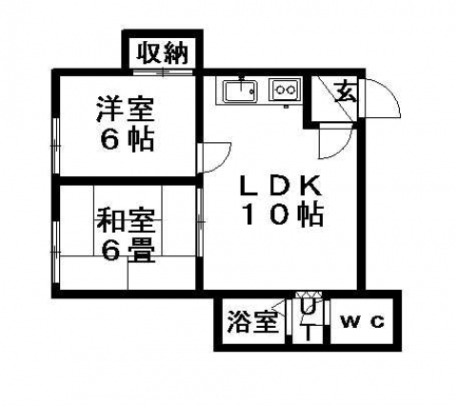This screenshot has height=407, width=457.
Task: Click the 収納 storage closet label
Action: pyautogui.click(x=163, y=53)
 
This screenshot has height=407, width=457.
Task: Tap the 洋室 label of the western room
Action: pyautogui.click(x=126, y=110)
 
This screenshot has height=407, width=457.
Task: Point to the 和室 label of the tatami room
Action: pyautogui.click(x=126, y=220)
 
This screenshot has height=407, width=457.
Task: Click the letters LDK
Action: pyautogui.click(x=281, y=186)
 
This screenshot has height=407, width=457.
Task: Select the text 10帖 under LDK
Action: pyautogui.click(x=283, y=214)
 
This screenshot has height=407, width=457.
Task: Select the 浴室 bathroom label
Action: pyautogui.click(x=253, y=321)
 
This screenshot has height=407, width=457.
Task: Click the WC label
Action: pyautogui.click(x=362, y=322)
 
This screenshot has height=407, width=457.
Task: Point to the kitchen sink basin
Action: pyautogui.click(x=241, y=91)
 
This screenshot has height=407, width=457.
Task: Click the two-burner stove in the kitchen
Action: pyautogui.click(x=285, y=90)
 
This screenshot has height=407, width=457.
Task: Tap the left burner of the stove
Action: pyautogui.click(x=280, y=90)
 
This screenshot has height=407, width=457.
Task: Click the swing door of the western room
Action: pyautogui.click(x=213, y=158)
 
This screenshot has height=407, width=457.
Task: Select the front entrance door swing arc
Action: pyautogui.click(x=380, y=98)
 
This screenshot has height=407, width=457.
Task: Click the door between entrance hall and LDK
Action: pyautogui.click(x=336, y=141)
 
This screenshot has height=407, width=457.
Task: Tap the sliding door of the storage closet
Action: pyautogui.click(x=163, y=72)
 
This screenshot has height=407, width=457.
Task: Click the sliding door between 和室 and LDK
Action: pyautogui.click(x=200, y=222)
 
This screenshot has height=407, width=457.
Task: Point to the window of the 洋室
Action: pyautogui.click(x=56, y=146)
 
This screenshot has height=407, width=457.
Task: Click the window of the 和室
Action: pyautogui.click(x=56, y=252)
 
